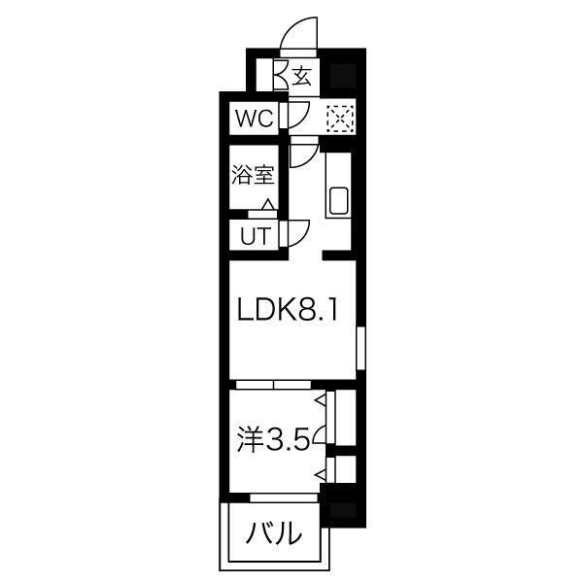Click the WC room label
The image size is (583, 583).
pyautogui.click(x=253, y=120)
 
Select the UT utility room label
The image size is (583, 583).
pyautogui.click(x=251, y=234)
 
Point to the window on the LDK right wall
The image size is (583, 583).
pyautogui.click(x=359, y=350)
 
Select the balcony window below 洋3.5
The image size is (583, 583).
pyautogui.click(x=284, y=497)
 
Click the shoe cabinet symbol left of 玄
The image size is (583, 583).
pyautogui.click(x=281, y=76)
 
